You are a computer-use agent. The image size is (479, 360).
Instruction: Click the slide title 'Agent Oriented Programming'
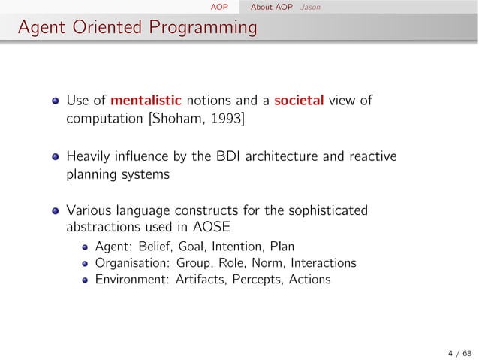[x=137, y=28]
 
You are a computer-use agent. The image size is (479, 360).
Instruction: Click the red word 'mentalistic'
[x=146, y=100]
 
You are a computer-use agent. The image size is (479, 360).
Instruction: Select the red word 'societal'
[x=299, y=100]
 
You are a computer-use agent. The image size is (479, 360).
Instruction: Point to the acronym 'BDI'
[x=224, y=156]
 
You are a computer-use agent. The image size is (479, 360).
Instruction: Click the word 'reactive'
[x=374, y=156]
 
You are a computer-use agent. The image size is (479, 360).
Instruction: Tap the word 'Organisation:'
[x=133, y=263]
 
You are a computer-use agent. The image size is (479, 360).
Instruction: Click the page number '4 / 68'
[x=460, y=352]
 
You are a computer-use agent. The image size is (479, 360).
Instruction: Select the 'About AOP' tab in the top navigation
[x=272, y=7]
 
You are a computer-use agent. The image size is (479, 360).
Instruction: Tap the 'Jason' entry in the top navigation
[x=309, y=7]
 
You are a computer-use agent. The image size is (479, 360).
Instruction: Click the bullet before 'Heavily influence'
[x=56, y=157]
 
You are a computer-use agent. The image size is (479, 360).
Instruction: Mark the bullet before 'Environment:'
[x=86, y=280]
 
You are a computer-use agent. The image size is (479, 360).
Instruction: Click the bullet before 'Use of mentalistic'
[x=56, y=101]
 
